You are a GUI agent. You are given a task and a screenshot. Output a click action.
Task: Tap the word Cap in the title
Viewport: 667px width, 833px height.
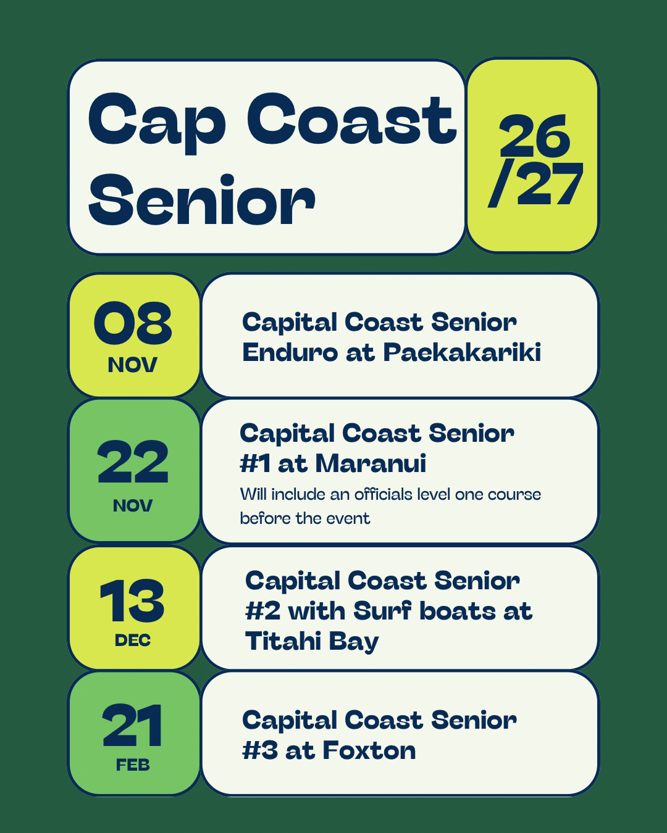[157, 123]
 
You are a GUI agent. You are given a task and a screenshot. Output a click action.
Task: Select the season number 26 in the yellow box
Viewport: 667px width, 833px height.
[534, 136]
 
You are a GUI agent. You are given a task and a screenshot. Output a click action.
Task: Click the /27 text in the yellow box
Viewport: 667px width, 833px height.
[535, 184]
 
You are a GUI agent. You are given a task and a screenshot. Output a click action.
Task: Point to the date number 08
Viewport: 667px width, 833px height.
[133, 323]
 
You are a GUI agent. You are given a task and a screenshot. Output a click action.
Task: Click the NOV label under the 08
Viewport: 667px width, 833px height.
[133, 365]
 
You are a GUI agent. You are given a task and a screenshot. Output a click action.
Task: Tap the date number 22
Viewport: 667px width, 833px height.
[133, 462]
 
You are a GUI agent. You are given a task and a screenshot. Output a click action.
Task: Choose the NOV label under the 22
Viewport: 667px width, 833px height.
[133, 505]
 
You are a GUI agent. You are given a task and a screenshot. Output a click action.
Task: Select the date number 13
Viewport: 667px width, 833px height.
[132, 601]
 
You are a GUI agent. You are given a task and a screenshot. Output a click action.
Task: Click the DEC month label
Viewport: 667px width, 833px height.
[133, 640]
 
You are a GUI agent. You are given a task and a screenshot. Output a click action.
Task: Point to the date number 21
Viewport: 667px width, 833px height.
[132, 724]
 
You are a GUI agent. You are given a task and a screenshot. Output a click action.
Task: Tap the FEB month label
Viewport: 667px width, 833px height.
[133, 765]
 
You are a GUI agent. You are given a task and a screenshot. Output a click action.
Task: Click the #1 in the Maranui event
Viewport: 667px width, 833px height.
[256, 463]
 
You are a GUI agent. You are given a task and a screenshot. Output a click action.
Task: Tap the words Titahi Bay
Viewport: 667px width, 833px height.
[312, 642]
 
